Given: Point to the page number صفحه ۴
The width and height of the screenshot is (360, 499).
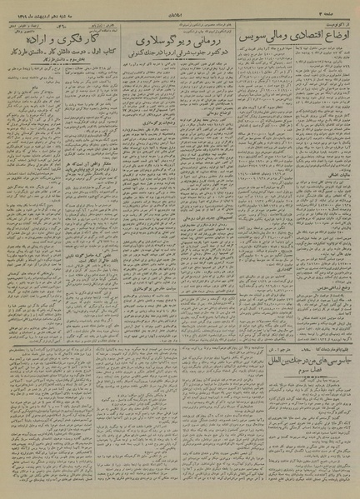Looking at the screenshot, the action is [x=337, y=13].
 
